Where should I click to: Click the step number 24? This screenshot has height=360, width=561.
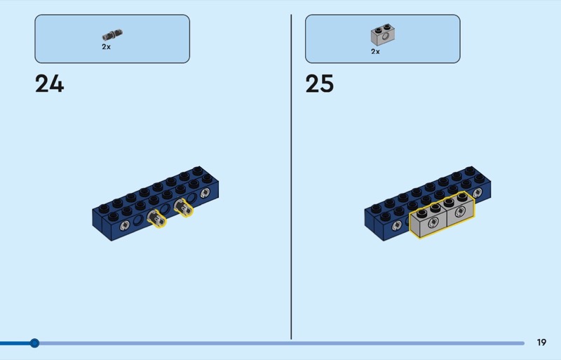[x=49, y=84]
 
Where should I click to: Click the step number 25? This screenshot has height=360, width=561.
[x=319, y=84]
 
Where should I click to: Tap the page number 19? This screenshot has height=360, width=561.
[x=541, y=342]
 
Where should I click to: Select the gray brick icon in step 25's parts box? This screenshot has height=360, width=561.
[x=381, y=34]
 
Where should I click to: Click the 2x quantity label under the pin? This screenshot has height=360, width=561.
[x=106, y=46]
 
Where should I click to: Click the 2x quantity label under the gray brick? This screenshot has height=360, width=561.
[x=375, y=51]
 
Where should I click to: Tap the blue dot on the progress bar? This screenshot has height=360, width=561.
[x=34, y=343]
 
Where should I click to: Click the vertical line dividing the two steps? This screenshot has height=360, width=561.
[x=291, y=175]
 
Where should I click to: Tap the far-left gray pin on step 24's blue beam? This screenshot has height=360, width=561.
[x=123, y=226]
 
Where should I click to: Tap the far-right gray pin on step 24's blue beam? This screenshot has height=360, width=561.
[x=205, y=192]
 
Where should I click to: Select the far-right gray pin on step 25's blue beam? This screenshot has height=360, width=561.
[x=478, y=192]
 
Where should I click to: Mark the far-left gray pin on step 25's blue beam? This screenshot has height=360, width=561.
[x=396, y=225]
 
